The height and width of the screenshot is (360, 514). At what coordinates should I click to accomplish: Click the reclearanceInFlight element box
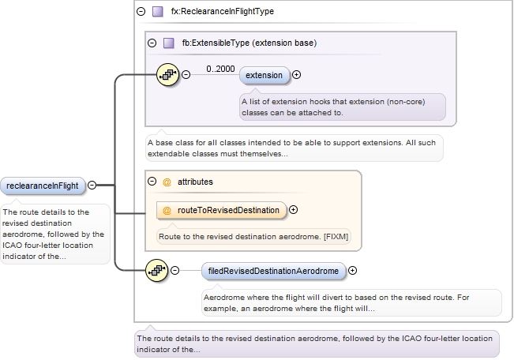coord(43,186)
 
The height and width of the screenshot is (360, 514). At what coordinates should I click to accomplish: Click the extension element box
coord(264,75)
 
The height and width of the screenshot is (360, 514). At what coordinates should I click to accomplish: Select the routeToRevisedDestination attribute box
coord(221,210)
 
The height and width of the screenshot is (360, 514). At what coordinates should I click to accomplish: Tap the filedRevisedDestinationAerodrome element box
coord(273,271)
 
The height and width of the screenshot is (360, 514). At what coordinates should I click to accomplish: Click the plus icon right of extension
coord(297,75)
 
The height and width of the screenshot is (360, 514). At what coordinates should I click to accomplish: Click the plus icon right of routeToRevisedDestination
coord(294,210)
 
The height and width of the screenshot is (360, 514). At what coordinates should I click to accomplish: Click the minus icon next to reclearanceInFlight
coord(92,186)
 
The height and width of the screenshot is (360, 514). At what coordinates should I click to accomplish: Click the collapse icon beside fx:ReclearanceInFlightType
coord(141,12)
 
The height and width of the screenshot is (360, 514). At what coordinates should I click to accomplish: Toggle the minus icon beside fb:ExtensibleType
coord(152,43)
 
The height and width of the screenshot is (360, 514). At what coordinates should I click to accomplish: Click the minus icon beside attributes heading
coord(152,182)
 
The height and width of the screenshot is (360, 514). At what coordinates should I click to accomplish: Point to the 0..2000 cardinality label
coord(220,69)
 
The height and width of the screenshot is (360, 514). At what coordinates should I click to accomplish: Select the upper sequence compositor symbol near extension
coord(168,75)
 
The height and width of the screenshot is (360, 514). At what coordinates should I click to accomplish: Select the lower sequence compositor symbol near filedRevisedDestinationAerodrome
coord(157,271)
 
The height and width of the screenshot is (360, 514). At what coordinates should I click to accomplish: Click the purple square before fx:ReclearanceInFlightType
coord(157,12)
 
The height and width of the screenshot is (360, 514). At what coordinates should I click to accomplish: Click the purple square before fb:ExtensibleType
coord(168,43)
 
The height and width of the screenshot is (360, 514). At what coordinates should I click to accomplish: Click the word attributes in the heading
coord(194,182)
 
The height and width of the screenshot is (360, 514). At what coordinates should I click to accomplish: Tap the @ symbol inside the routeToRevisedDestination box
coord(167,210)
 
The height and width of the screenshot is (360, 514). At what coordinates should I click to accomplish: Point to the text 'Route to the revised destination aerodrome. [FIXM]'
coord(253,235)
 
